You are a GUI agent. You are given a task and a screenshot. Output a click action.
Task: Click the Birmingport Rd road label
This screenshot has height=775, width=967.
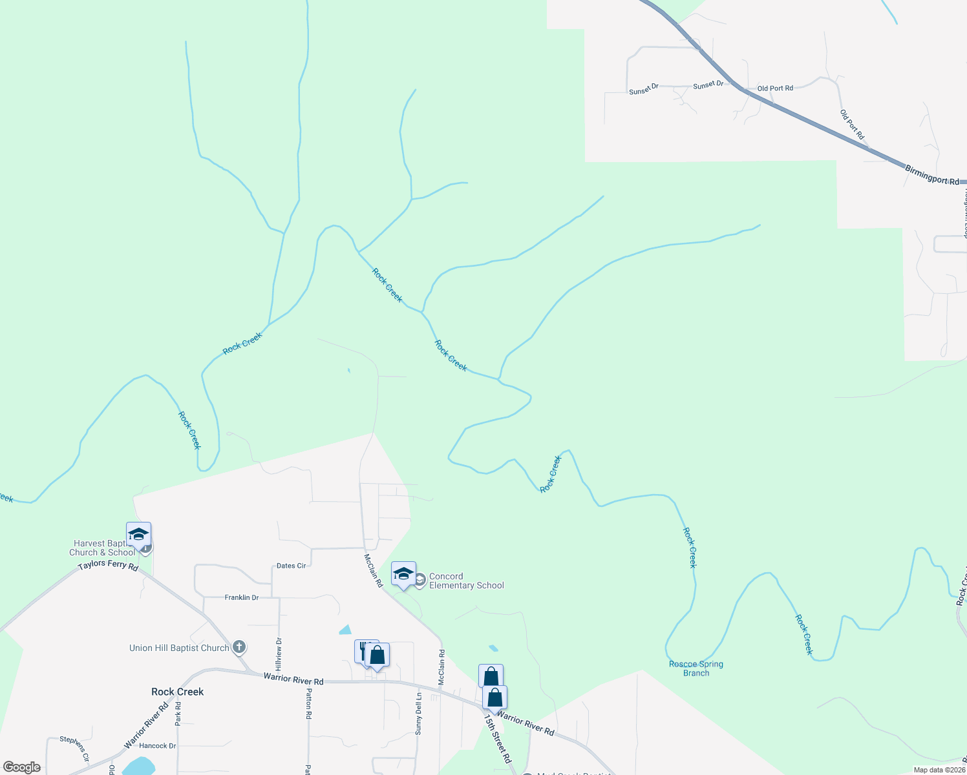pyautogui.click(x=931, y=175)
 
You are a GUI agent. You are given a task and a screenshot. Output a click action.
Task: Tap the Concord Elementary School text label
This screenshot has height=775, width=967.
pyautogui.click(x=466, y=581)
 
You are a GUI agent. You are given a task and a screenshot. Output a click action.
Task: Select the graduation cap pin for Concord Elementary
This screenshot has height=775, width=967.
pyautogui.click(x=403, y=573)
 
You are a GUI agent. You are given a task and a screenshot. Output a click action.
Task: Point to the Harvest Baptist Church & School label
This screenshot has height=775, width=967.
pyautogui.click(x=102, y=548)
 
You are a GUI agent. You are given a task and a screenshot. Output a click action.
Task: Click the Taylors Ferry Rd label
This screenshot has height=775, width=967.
pyautogui.click(x=108, y=566)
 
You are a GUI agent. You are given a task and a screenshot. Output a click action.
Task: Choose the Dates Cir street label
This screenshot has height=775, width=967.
pyautogui.click(x=291, y=566)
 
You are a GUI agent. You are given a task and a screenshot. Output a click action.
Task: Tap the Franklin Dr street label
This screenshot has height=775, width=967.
pyautogui.click(x=241, y=597)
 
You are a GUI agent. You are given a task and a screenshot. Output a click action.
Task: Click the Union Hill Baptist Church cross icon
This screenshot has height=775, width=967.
pyautogui.click(x=239, y=647)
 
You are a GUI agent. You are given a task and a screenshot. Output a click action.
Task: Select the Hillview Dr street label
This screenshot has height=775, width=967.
pyautogui.click(x=279, y=653)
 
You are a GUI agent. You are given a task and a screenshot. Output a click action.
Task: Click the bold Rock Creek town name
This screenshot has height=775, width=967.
pyautogui.click(x=177, y=692)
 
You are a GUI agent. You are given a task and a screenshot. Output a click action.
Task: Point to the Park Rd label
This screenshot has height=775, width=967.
pyautogui.click(x=178, y=713)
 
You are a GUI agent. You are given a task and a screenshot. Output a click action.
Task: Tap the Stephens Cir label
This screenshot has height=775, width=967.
pyautogui.click(x=74, y=748)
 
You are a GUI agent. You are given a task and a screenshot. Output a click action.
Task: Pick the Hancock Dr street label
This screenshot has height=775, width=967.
pyautogui.click(x=157, y=746)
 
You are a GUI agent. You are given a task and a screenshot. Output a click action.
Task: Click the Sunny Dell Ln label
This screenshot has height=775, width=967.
pyautogui.click(x=419, y=714)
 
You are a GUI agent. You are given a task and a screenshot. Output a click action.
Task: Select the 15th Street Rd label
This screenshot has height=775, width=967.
pyautogui.click(x=498, y=739)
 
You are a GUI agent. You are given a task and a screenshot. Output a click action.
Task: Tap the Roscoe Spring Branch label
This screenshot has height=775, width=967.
pyautogui.click(x=696, y=668)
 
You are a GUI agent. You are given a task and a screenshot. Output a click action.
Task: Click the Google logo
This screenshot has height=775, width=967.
pyautogui.click(x=21, y=767)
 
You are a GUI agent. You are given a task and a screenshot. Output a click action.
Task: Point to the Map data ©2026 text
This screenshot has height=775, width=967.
pyautogui.click(x=939, y=770)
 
